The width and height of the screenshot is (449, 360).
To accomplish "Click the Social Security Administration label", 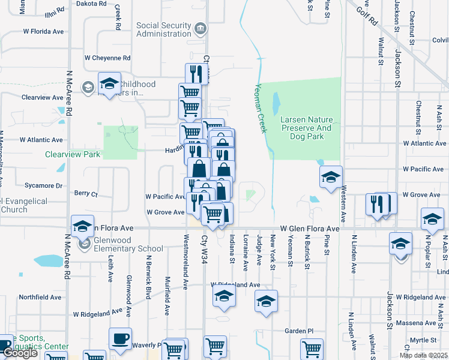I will point(163,29).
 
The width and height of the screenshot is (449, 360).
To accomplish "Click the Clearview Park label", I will point(72,154).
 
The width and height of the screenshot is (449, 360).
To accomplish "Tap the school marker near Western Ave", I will point(330,178).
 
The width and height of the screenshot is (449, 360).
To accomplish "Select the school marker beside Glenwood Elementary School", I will point(83,226).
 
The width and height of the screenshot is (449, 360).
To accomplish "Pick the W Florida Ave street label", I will point(43,31).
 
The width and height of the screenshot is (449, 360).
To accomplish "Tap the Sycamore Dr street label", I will point(43,186).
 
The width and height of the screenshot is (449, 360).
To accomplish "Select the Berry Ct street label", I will point(85,194).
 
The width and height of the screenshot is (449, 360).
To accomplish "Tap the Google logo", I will point(20,353).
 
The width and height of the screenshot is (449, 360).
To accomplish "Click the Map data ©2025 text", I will point(423,355).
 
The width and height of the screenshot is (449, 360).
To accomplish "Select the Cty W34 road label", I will point(205,250).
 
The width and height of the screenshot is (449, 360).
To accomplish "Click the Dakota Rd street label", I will point(91,4).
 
